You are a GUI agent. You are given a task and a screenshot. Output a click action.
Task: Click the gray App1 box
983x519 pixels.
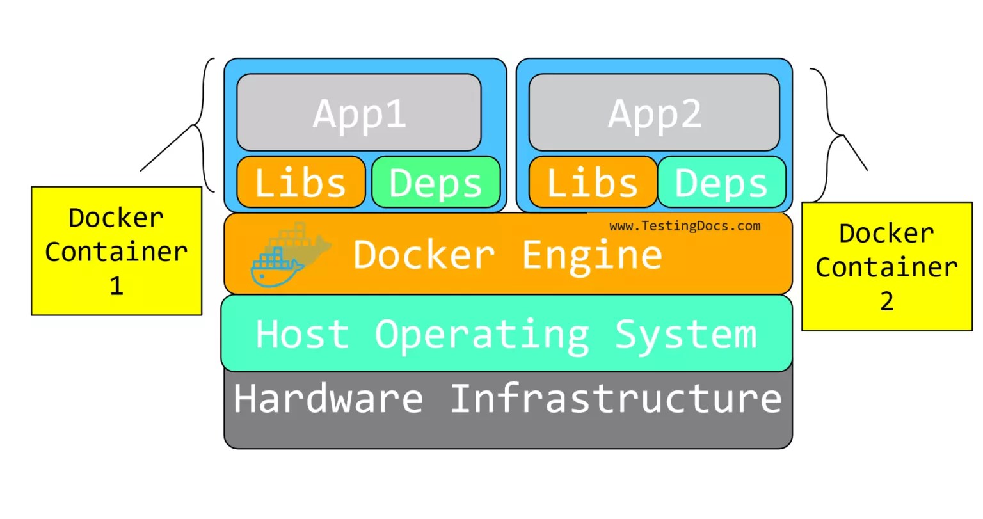358,113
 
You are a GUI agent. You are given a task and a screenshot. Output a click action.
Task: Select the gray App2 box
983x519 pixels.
654,113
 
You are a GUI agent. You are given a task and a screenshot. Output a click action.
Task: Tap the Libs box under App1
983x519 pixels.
301,182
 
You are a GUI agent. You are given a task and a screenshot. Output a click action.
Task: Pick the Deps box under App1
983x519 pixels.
436,182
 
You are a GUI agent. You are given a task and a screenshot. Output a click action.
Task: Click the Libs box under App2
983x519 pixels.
593,182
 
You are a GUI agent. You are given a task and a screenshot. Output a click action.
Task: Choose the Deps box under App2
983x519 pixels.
721,182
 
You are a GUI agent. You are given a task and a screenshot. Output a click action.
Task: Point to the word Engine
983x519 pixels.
592,255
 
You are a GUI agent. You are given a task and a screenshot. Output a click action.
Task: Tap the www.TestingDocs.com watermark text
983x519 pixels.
685,226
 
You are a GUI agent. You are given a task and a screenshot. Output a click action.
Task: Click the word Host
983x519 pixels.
302,334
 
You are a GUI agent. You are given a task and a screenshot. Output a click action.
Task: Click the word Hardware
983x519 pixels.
328,398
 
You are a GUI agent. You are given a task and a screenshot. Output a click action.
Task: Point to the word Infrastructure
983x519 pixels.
616,398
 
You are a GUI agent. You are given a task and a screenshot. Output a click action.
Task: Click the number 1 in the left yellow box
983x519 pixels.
116,285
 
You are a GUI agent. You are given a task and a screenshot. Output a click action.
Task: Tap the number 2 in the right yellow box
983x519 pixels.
886,301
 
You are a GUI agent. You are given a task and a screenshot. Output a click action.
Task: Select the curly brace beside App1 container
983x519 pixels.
204,125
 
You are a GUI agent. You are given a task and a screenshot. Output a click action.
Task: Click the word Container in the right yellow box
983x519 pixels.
886,267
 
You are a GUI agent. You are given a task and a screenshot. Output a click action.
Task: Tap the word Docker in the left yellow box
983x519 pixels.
116,218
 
